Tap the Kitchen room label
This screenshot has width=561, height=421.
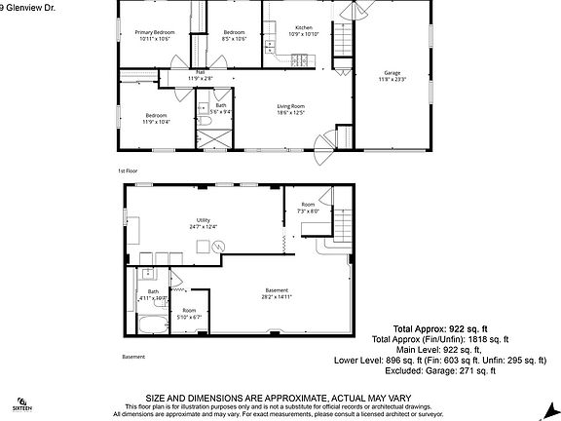pos(304,27)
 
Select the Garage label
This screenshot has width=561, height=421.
pos(392,73)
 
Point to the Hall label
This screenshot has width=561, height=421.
pos(200,71)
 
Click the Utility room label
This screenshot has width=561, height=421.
pos(204,220)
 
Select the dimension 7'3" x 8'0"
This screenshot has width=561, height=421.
pos(308,211)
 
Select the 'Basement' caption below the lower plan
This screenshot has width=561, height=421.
pos(133,357)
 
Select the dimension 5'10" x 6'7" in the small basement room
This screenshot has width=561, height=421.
pos(189,317)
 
